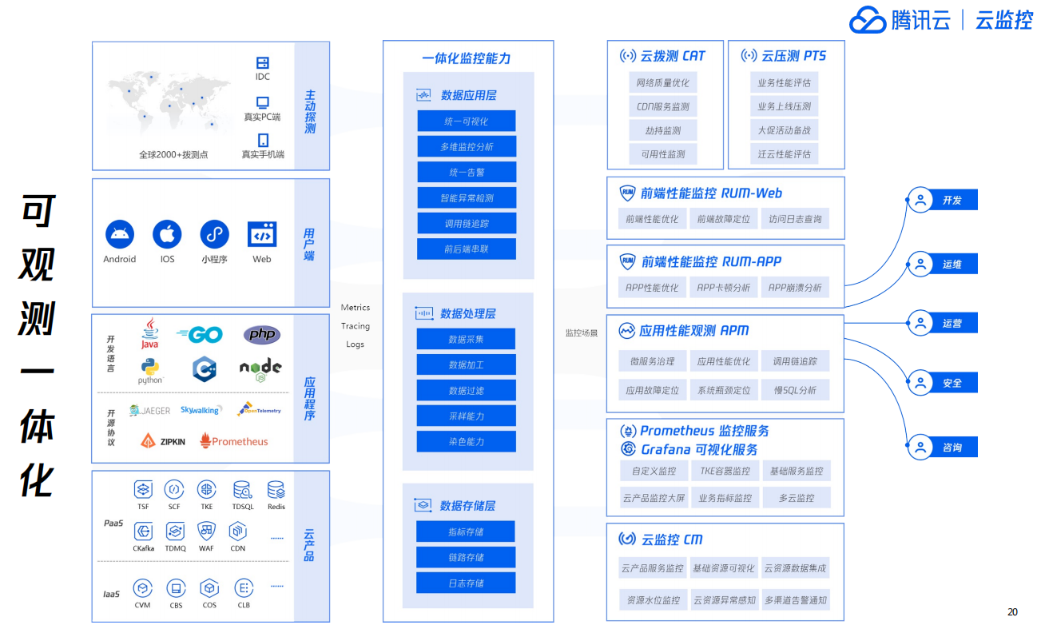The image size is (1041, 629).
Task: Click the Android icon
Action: click(120, 235)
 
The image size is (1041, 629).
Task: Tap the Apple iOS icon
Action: click(167, 235)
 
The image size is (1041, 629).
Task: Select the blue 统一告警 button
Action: click(467, 172)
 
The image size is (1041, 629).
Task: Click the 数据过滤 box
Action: click(466, 390)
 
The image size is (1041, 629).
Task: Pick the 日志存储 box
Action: click(466, 583)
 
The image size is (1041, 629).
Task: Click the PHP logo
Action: click(261, 335)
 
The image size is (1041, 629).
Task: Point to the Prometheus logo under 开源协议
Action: click(234, 440)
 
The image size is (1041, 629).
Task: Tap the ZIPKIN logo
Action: click(163, 440)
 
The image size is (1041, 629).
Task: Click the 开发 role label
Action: click(952, 201)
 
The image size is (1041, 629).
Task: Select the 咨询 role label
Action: click(952, 448)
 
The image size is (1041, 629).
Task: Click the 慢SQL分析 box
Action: click(795, 390)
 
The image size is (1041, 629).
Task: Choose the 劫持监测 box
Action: click(662, 130)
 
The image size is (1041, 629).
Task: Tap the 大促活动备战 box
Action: click(784, 130)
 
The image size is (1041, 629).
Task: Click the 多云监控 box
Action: click(796, 497)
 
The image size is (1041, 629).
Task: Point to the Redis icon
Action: click(276, 490)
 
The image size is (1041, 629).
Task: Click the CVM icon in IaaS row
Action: click(142, 589)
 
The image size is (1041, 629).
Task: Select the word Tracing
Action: click(356, 326)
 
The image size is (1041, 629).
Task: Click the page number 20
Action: click(1012, 612)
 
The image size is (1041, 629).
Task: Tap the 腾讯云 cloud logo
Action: click(868, 20)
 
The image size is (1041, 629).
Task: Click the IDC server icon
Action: click(262, 62)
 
